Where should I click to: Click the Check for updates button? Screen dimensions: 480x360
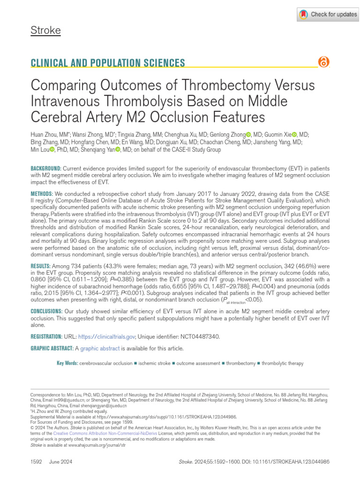point(328,15)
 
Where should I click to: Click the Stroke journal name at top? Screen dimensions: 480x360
point(45,31)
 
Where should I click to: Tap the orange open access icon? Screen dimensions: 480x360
point(323,62)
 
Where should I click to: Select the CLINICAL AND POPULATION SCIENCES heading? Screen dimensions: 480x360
point(107,63)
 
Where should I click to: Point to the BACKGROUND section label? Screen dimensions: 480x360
point(45,168)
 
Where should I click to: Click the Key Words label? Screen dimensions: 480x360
point(67,363)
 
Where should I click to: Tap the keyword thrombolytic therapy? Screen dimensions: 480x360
point(282,363)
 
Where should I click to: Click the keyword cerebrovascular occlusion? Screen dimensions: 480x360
point(106,363)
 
